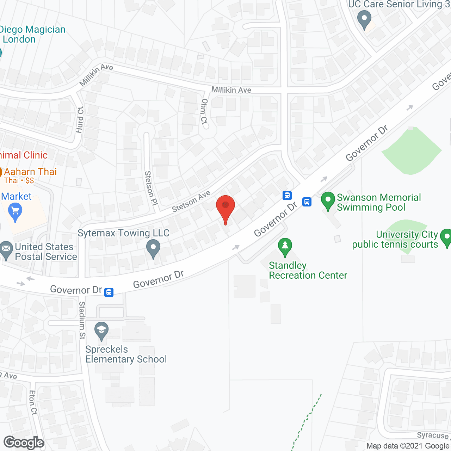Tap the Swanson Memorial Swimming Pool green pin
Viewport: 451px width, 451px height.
[x=328, y=201]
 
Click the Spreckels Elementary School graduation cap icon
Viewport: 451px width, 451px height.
[x=101, y=331]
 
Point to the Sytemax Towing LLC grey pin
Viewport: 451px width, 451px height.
[x=153, y=248]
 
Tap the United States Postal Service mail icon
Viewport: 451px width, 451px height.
[x=6, y=250]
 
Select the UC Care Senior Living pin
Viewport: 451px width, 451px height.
[x=364, y=19]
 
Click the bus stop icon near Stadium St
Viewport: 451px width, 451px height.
[x=109, y=292]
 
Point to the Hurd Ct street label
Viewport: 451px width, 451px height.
[x=80, y=120]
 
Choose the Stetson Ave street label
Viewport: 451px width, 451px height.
[x=191, y=201]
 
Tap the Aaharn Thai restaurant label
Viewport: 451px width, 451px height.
[x=30, y=172]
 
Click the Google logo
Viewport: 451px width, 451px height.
[x=24, y=443]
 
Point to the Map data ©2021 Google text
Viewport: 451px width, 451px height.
[x=408, y=446]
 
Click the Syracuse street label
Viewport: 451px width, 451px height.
[x=433, y=436]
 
